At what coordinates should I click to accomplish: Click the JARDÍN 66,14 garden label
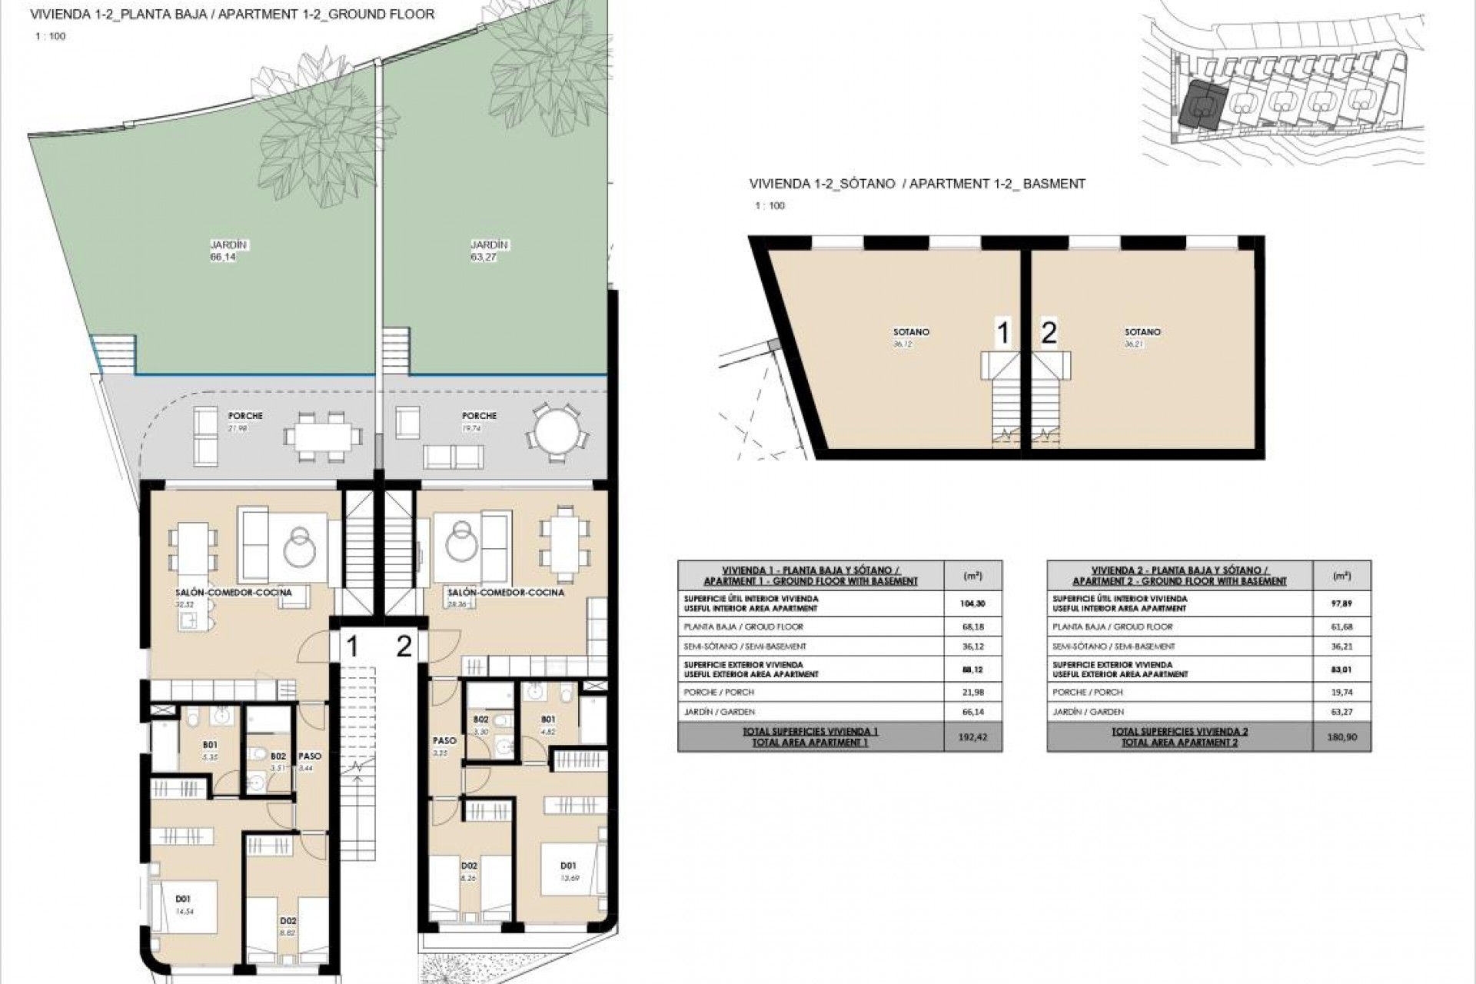click(x=222, y=251)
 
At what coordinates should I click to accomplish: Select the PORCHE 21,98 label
click(x=245, y=421)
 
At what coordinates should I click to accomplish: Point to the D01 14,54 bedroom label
click(x=184, y=903)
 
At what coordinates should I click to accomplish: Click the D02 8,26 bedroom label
click(x=468, y=871)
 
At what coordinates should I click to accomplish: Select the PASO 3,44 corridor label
click(x=309, y=761)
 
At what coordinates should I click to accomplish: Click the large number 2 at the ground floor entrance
click(x=404, y=647)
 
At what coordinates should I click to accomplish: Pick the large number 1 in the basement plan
click(x=1002, y=334)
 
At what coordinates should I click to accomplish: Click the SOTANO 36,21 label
click(x=1142, y=337)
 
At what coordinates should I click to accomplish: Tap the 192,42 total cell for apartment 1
click(x=972, y=737)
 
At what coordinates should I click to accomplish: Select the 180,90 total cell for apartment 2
click(x=1341, y=737)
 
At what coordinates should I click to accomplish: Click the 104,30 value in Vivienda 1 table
click(x=972, y=603)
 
